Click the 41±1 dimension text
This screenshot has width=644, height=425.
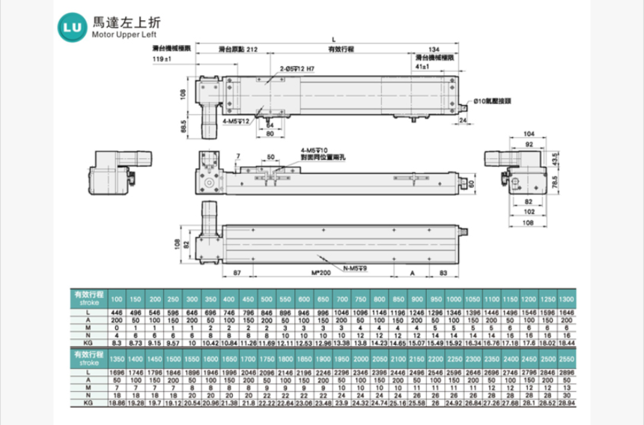(x=426, y=66)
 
